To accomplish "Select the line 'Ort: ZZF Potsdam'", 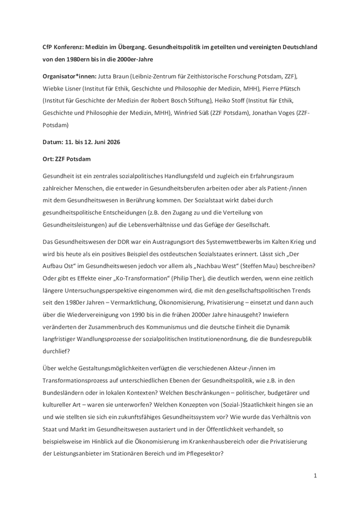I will coord(66,159).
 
